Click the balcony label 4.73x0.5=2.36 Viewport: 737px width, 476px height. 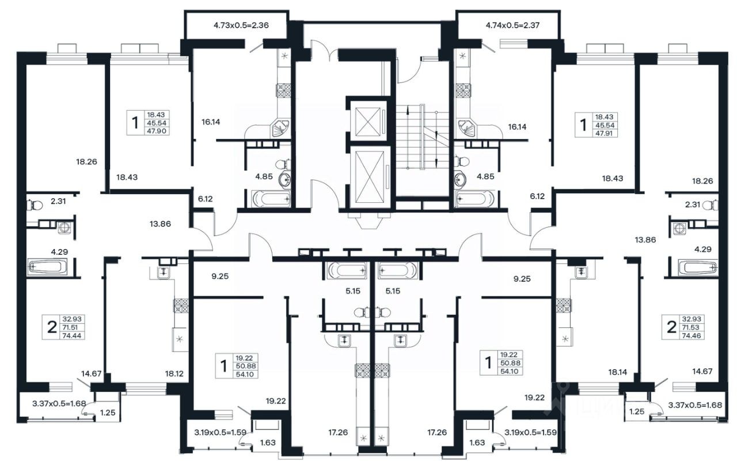[x=241, y=25]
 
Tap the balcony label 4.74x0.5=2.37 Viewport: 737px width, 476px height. [x=512, y=25]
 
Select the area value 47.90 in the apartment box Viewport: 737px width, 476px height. [x=157, y=131]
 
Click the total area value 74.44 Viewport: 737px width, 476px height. [x=71, y=336]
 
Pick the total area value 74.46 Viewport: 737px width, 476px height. [x=692, y=336]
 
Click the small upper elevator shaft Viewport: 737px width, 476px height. [x=368, y=121]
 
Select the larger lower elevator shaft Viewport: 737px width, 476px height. [x=370, y=177]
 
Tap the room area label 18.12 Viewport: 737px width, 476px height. [x=174, y=373]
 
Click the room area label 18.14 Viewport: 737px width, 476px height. [x=618, y=372]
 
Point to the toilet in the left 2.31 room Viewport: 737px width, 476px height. [x=35, y=206]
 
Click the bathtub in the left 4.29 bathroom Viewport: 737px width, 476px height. [x=48, y=267]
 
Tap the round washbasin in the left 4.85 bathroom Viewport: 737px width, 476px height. [x=284, y=180]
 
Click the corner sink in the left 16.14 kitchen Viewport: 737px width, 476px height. [x=280, y=129]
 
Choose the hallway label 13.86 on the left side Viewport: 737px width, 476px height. [x=160, y=224]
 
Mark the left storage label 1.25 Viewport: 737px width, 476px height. [x=108, y=413]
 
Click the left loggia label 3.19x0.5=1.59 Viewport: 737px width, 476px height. [x=220, y=432]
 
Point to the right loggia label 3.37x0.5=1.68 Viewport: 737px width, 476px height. [x=695, y=405]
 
